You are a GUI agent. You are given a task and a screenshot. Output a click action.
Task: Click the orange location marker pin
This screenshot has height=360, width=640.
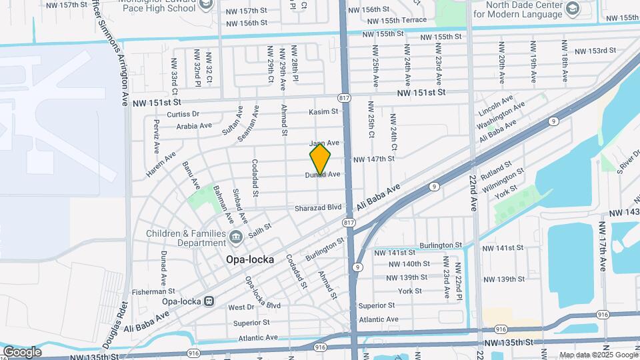tap(320, 159)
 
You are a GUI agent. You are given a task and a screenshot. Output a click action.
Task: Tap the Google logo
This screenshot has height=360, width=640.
tap(22, 351)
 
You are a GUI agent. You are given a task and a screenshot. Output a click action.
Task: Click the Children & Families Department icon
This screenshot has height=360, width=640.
tap(236, 238)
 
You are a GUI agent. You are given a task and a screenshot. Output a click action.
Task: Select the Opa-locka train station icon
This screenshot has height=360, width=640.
tap(209, 301)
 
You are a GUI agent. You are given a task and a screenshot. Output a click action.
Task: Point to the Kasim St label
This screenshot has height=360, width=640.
tap(324, 112)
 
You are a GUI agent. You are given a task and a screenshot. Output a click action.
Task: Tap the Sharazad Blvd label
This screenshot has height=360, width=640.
tap(318, 208)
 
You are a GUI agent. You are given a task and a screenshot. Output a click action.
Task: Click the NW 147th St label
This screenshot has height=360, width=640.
tap(373, 159)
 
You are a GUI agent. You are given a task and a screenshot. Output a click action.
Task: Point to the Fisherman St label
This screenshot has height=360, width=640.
tap(153, 291)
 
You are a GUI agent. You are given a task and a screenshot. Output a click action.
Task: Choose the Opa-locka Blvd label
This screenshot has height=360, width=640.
tap(263, 293)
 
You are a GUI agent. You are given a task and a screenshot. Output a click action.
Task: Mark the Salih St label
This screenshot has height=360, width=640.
tap(259, 227)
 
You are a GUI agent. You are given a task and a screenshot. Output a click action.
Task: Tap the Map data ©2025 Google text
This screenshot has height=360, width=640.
tap(597, 355)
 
